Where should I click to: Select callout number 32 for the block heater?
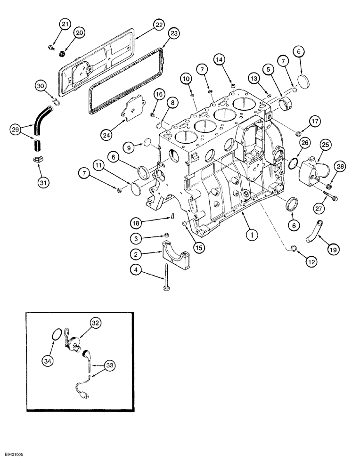click(96, 323)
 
